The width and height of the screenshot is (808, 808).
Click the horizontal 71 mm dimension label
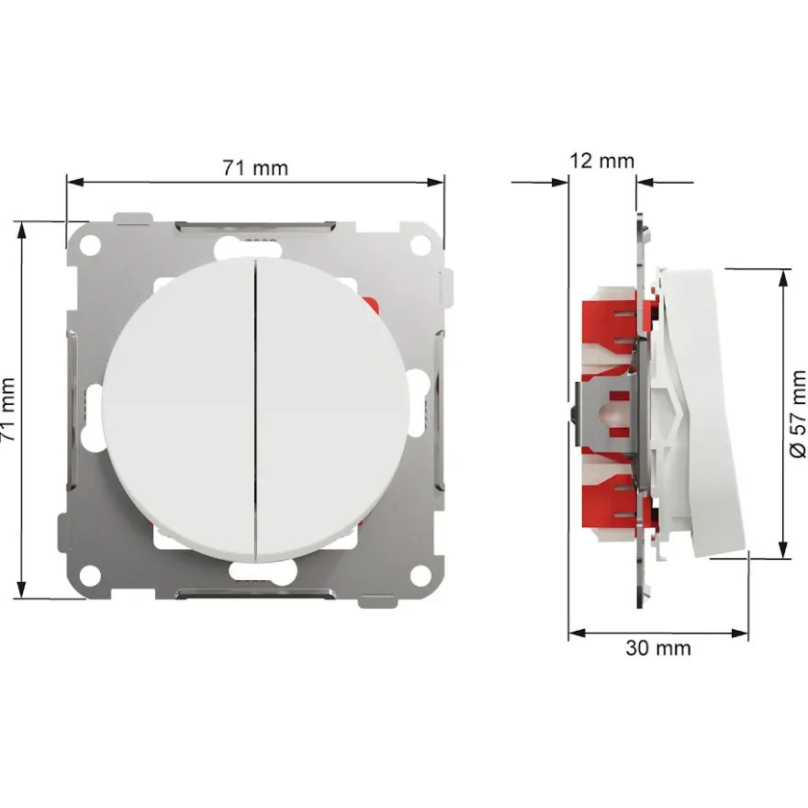click(255, 168)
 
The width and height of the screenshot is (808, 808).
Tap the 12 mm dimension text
click(602, 161)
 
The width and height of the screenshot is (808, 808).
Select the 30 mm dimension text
click(658, 647)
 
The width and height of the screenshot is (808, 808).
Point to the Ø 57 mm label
click(798, 413)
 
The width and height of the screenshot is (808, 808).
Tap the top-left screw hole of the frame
click(90, 245)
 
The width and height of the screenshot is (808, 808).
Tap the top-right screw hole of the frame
click(421, 245)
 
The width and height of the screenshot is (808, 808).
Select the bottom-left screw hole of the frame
click(90, 575)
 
